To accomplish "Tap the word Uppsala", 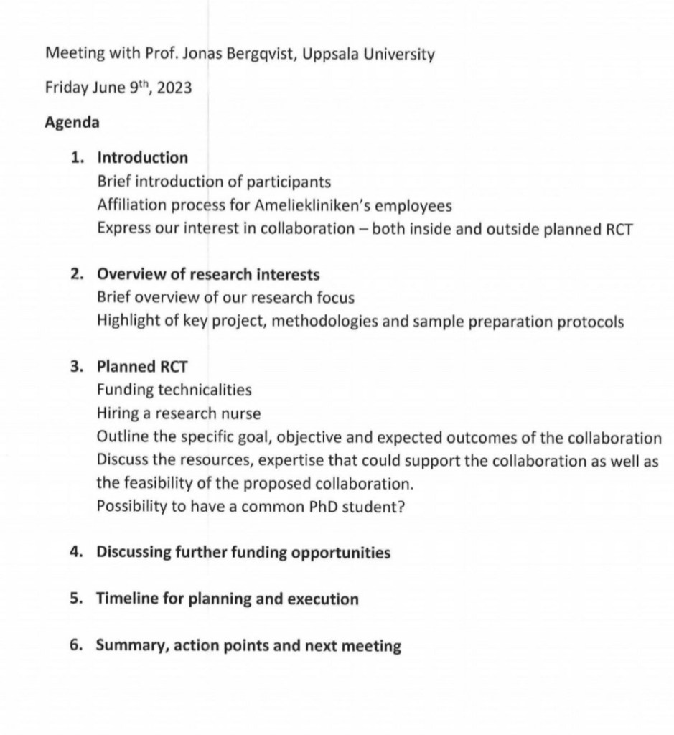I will [332, 55].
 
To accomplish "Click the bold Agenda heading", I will [72, 123].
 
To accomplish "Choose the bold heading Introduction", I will [142, 158].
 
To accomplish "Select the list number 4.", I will [75, 553].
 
